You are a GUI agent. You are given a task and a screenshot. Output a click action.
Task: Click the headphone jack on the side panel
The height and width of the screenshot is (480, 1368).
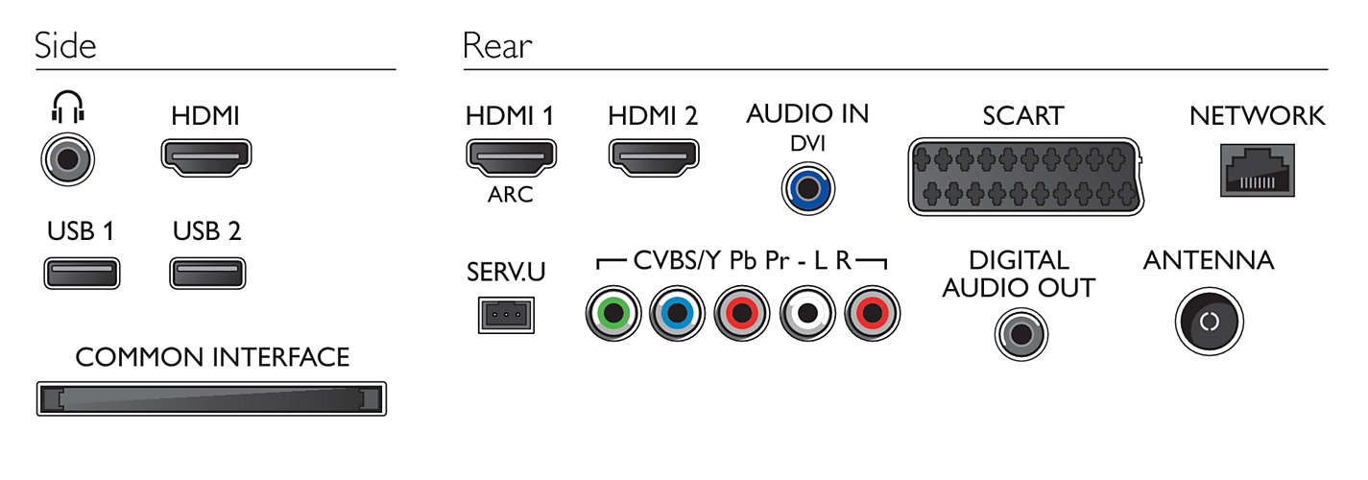click(68, 158)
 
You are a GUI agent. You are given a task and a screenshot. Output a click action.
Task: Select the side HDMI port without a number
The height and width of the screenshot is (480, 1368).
click(206, 157)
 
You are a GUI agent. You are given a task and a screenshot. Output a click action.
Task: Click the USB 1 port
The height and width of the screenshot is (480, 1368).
click(82, 273)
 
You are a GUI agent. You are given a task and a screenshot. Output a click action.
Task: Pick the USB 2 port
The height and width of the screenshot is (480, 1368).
click(207, 273)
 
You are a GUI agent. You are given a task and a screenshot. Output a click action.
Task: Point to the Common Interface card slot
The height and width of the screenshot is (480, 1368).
click(211, 398)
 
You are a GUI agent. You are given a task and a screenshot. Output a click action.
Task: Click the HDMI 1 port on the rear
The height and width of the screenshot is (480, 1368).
click(511, 157)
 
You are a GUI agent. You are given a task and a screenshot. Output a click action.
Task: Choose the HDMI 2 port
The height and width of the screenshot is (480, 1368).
click(654, 157)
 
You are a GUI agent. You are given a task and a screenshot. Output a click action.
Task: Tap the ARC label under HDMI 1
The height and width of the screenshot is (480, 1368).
click(511, 195)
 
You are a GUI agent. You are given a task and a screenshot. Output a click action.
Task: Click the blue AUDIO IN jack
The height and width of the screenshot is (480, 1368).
click(808, 188)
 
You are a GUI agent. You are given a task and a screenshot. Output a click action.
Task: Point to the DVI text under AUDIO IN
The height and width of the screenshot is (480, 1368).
click(807, 143)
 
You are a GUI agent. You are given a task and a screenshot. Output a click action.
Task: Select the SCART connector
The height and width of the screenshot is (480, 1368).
click(1025, 177)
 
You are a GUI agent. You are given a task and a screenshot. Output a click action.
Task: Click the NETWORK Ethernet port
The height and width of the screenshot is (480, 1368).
click(1258, 170)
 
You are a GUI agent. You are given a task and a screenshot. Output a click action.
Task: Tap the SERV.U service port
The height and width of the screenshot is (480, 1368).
click(506, 315)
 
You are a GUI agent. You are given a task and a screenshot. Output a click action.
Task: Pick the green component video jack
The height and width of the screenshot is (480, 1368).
click(613, 313)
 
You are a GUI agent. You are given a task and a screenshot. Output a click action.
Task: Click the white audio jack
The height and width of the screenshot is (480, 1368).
click(807, 313)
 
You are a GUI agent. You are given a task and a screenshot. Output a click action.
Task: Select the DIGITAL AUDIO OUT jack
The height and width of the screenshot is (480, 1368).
click(1021, 334)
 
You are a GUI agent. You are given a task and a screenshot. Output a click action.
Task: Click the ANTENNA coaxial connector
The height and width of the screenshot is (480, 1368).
click(1210, 322)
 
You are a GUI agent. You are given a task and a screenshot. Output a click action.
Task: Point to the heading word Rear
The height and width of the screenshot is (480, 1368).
click(497, 46)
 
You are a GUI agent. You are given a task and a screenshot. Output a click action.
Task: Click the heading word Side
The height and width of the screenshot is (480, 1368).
click(65, 45)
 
